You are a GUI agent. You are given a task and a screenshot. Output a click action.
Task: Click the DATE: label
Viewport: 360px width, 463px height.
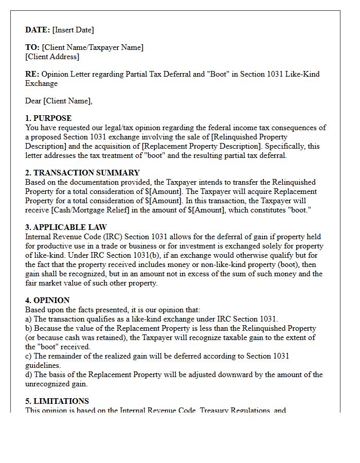[x=38, y=30]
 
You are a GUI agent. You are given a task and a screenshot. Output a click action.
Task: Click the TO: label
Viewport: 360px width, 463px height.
[x=32, y=47]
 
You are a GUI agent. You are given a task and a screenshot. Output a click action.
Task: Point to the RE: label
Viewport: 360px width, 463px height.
[x=32, y=74]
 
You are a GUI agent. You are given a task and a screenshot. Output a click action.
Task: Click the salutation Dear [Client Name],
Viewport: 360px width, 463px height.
[x=59, y=101]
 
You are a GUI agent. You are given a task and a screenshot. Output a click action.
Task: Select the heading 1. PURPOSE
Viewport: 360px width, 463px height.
[x=48, y=118]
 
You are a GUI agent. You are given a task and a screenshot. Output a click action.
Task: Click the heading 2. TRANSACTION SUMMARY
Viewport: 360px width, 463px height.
[x=82, y=173]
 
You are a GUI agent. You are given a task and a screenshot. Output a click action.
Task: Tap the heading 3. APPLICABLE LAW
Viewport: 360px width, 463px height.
[x=66, y=227]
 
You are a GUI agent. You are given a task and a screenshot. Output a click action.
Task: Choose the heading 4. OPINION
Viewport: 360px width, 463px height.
[x=47, y=300]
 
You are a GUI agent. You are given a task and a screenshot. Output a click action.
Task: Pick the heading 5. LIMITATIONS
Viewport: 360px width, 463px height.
[x=57, y=401]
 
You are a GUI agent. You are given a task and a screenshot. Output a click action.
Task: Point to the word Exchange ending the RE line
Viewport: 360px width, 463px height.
[x=41, y=83]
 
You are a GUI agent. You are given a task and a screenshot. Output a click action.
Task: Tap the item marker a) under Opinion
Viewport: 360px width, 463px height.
[x=28, y=319]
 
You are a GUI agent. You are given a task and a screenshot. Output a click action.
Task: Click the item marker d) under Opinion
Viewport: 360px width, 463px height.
[x=29, y=375]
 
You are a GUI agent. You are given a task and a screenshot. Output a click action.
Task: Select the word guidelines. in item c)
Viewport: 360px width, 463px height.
[x=43, y=365]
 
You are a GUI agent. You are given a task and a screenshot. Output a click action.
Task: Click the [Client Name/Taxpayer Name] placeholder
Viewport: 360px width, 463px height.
[x=93, y=47]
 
